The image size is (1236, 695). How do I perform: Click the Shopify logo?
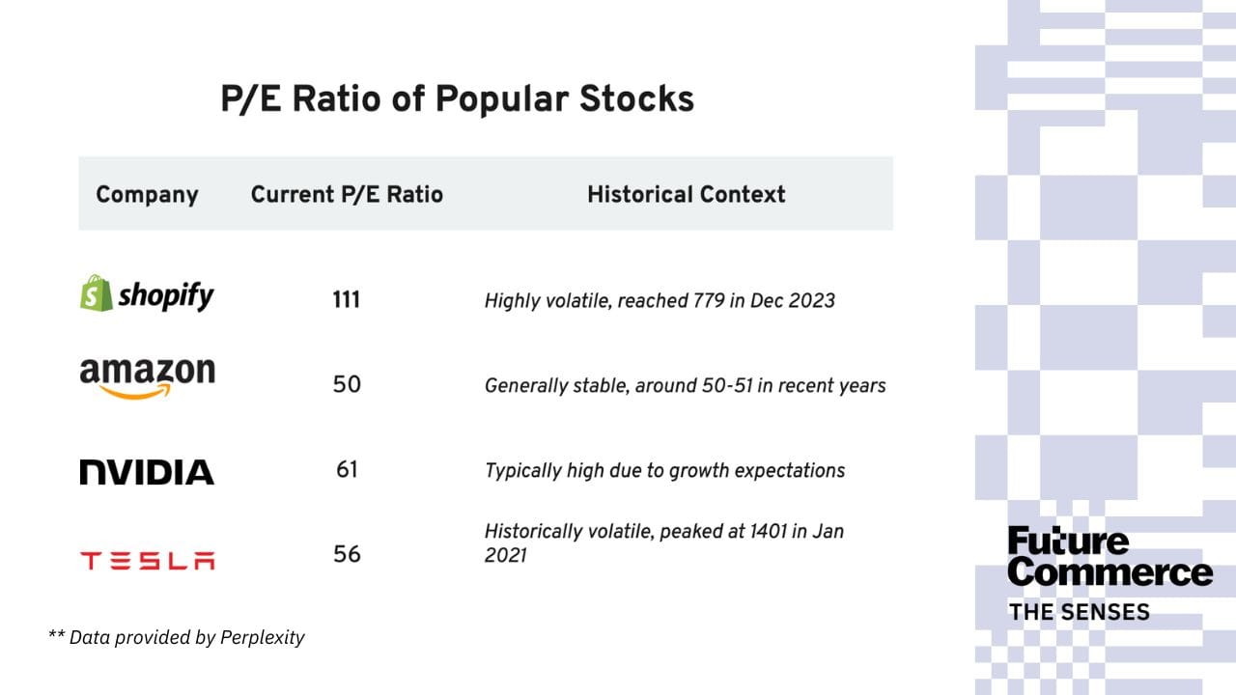147,292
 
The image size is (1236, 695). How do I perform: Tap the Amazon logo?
148,378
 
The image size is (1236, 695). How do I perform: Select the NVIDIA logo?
147,472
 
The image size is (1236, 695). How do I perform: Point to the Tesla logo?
148,561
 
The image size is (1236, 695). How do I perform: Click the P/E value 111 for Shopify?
346,300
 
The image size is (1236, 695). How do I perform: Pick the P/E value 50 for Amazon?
347,384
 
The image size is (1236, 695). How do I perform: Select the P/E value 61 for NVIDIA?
347,469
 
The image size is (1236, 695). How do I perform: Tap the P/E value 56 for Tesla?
347,554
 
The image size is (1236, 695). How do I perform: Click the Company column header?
147,195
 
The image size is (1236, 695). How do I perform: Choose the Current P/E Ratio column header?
347,195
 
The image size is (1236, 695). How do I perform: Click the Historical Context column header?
686,195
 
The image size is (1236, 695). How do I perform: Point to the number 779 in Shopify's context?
709,300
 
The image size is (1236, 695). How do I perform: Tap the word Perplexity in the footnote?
262,638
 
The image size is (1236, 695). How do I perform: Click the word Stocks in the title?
636,99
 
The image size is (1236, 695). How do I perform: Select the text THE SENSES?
1080,612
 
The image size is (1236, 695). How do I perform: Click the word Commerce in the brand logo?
1110,573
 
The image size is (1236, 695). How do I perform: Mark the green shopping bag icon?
96,292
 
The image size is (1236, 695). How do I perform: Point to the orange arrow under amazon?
136,392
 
